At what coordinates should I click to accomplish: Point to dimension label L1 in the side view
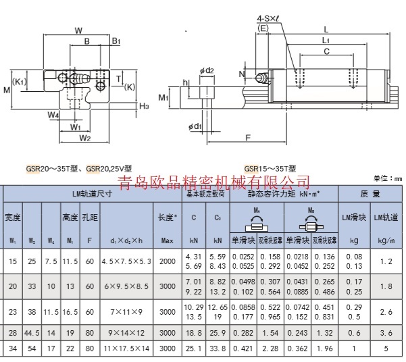click(326, 40)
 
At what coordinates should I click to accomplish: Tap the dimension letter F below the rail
click(248, 137)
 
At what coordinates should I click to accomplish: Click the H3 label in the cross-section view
click(143, 106)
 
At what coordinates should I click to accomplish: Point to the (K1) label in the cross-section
click(20, 82)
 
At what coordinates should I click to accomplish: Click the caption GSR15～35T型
click(270, 169)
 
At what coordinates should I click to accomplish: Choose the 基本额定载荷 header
click(206, 195)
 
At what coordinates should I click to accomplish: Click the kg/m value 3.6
click(386, 334)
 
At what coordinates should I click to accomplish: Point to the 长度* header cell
click(168, 217)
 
